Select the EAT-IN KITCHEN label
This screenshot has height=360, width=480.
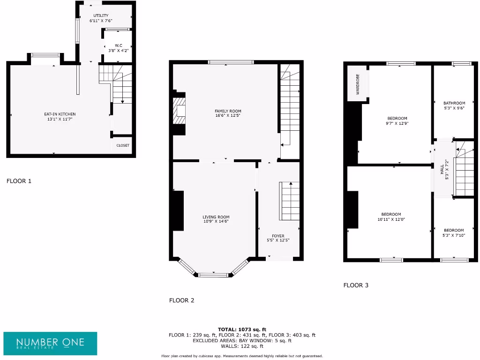pos(60,114)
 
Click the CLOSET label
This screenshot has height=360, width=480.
pos(123,145)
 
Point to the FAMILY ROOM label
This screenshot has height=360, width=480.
pos(228,111)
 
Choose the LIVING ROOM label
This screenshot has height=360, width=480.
pos(216,217)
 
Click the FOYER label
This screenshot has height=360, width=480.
pos(278,236)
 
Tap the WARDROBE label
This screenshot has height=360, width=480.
pos(358,84)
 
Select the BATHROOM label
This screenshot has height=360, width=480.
pos(454,103)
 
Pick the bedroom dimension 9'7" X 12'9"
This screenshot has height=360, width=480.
pos(397,124)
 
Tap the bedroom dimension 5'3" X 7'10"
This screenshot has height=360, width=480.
pos(454,235)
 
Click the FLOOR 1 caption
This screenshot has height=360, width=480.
pos(19,180)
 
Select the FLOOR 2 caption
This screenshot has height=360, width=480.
pos(181,300)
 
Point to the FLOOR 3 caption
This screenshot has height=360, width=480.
pos(356,285)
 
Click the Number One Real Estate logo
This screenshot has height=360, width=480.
pos(51,344)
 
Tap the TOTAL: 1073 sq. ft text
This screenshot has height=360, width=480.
pos(242,330)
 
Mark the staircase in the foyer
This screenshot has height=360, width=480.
pos(290,201)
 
